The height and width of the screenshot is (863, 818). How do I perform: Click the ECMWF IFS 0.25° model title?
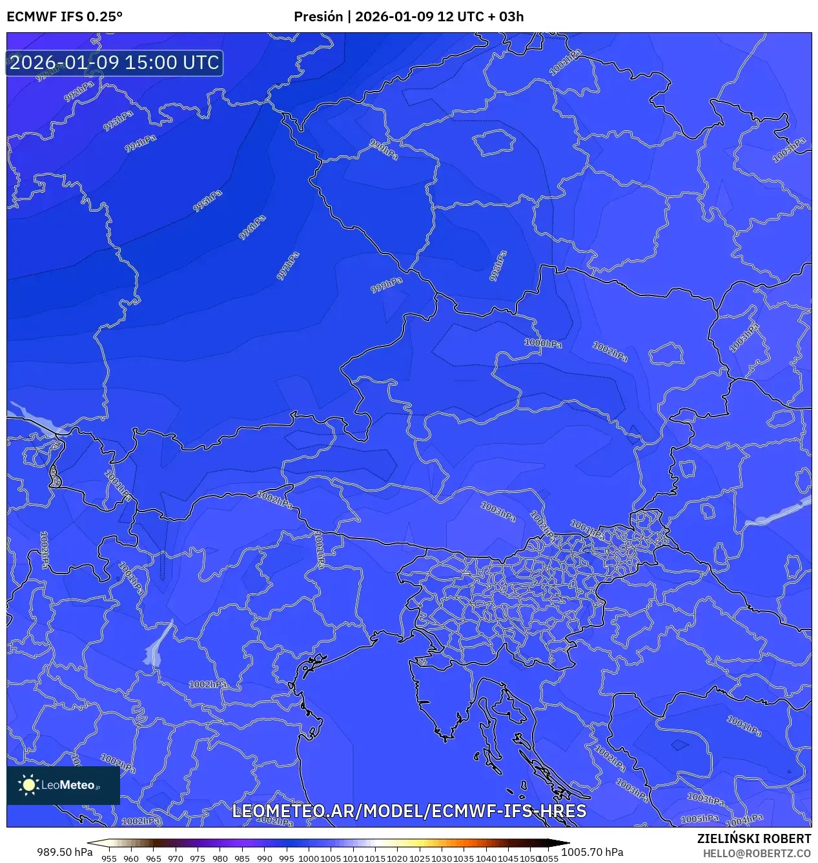65,17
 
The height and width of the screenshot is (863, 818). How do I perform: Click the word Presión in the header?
318,17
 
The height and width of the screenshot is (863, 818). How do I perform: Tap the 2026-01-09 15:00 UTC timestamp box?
114,63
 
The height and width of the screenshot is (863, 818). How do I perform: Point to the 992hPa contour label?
79,92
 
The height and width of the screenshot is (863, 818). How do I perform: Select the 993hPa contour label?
118,120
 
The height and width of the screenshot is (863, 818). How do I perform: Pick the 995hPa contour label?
207,201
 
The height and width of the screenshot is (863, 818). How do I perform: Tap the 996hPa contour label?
252,228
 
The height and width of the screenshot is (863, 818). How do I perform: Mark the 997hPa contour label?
288,266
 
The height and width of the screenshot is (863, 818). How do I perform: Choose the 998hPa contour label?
498,265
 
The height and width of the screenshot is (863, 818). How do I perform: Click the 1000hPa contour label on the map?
543,343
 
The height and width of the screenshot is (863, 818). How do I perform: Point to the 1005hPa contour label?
700,818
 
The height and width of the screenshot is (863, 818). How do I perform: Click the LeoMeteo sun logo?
28,785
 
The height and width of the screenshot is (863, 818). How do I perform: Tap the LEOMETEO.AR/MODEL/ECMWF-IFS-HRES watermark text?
409,811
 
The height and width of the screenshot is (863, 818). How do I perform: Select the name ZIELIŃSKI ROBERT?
753,838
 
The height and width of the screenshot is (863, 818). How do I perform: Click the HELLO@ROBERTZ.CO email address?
757,853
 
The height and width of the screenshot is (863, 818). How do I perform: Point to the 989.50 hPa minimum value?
65,852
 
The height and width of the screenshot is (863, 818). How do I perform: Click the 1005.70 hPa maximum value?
592,852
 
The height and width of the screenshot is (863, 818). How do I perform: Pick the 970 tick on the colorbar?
176,858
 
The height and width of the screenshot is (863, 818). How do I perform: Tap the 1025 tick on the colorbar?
420,858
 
